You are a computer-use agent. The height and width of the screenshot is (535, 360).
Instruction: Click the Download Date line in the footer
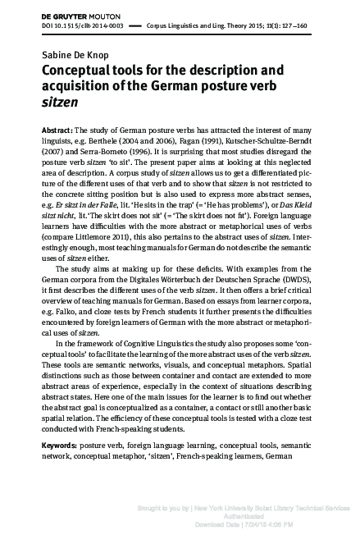click(269, 523)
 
